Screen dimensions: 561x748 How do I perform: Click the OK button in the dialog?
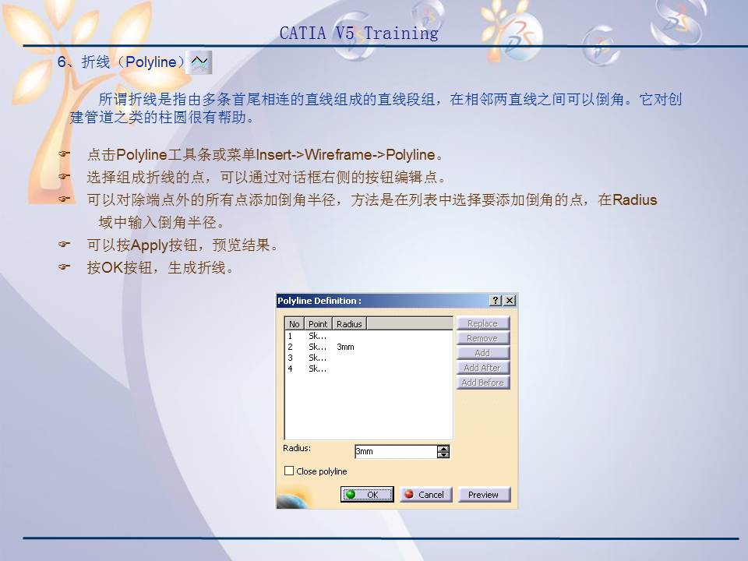pos(367,495)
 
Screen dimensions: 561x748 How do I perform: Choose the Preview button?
pos(483,495)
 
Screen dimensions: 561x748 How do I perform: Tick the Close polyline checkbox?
pos(289,471)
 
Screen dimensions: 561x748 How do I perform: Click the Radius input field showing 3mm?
pos(395,451)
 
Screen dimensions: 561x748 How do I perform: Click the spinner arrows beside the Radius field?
pos(443,451)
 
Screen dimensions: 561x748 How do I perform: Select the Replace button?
pos(482,323)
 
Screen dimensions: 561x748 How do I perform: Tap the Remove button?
pos(482,338)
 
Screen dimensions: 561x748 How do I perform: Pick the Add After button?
pos(482,368)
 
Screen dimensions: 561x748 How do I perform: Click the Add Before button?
pos(482,383)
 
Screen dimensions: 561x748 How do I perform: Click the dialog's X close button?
pos(510,301)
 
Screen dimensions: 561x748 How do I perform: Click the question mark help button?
pos(496,301)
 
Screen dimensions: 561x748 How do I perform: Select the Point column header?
pos(318,324)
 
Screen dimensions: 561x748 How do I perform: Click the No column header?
pos(294,324)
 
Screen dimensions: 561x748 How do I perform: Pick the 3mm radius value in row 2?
pos(345,347)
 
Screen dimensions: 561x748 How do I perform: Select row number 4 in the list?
pos(291,369)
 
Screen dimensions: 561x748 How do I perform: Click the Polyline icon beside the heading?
pos(200,62)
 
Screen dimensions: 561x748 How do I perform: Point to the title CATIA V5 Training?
pos(358,34)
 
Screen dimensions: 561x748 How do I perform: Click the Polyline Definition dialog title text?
pos(319,301)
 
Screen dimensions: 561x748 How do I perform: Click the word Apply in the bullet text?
pos(150,245)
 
